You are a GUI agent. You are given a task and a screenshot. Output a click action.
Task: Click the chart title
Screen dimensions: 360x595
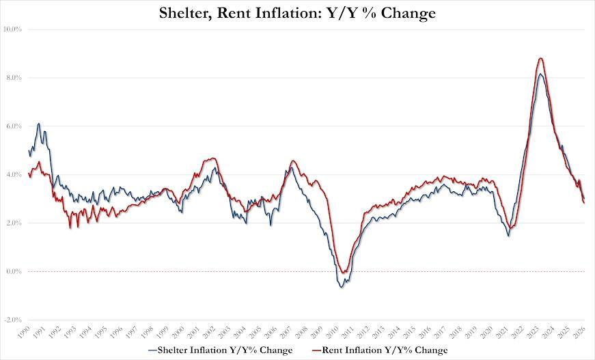click(298, 12)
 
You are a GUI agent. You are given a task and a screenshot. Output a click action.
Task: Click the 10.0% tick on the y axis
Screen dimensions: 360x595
click(13, 29)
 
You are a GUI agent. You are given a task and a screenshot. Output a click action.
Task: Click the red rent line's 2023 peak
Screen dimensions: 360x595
click(540, 58)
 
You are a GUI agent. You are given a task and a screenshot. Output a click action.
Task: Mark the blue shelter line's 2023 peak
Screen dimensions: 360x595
click(540, 74)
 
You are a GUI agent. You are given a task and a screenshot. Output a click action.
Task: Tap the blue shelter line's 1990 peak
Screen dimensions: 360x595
click(38, 124)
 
